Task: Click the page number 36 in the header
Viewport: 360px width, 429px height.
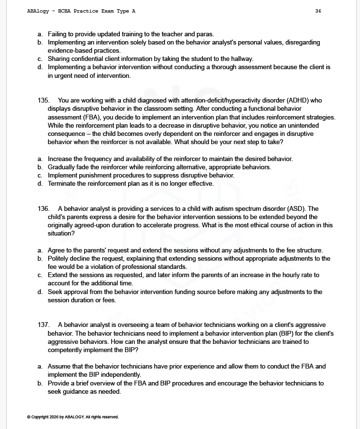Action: [x=318, y=11]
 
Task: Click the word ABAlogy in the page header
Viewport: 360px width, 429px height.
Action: [x=38, y=11]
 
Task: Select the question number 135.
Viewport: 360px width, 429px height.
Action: [x=43, y=101]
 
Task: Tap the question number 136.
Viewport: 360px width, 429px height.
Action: [x=43, y=209]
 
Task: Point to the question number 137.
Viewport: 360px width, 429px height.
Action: [x=43, y=325]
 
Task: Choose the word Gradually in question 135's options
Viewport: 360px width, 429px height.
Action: [x=63, y=167]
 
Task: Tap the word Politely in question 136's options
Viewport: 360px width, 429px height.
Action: [x=60, y=259]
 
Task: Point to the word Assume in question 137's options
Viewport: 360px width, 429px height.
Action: [x=59, y=367]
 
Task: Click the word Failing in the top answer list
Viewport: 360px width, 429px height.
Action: [x=59, y=34]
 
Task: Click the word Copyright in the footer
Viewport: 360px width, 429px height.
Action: [x=42, y=417]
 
